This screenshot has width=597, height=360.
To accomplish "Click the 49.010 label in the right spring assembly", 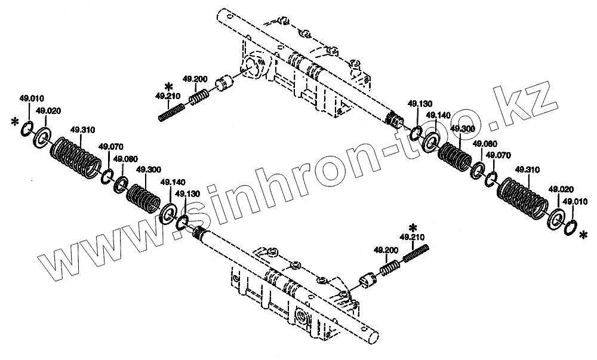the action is pos(576,201).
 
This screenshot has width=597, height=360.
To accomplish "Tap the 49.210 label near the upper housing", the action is pos(167,96).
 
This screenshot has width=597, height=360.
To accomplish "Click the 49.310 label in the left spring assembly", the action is pos(82,130).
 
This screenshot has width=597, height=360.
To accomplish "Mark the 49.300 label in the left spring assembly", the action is pos(149,170).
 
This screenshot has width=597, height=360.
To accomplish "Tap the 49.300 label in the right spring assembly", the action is pos(462,129).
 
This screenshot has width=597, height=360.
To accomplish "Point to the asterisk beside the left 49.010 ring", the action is pos(14,123).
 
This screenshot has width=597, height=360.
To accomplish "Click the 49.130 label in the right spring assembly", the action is pos(420,104).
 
